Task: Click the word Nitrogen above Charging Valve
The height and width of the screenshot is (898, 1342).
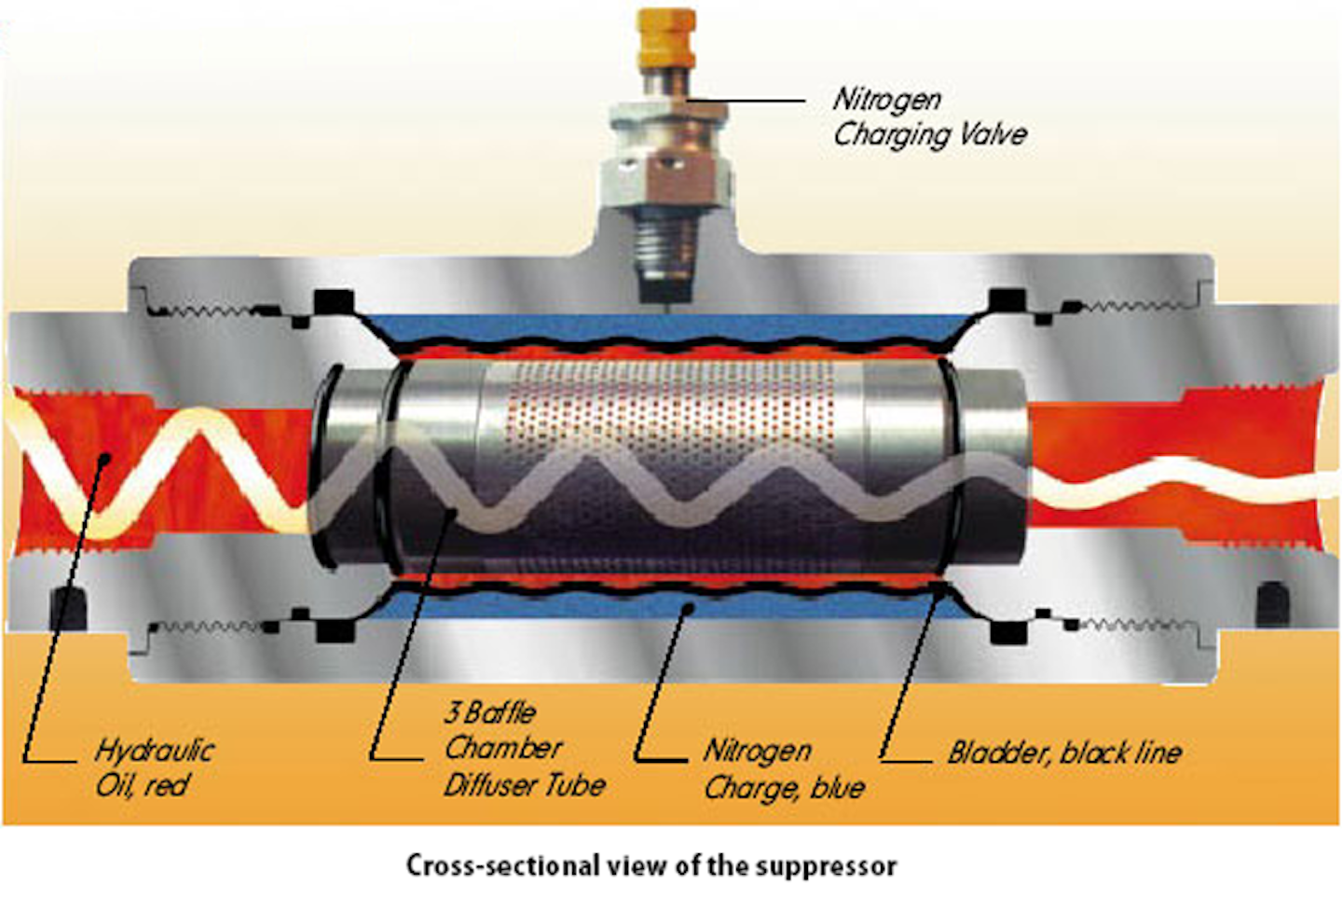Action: [886, 98]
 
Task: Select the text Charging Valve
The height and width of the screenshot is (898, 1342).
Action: [929, 134]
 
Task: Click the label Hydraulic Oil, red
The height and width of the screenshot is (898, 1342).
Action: [154, 767]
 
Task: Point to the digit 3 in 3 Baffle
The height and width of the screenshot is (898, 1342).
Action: [453, 713]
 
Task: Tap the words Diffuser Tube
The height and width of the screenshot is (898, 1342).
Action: [524, 785]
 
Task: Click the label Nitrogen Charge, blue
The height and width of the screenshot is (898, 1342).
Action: [783, 769]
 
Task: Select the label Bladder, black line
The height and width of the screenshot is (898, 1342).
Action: [1064, 753]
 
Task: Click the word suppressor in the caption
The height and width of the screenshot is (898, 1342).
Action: [826, 865]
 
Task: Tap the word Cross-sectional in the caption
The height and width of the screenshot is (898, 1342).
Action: [503, 865]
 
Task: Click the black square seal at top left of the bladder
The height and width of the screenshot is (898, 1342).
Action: [335, 303]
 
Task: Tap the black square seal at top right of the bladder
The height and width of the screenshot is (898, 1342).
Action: [1006, 302]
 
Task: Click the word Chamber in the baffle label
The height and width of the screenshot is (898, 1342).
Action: [503, 748]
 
